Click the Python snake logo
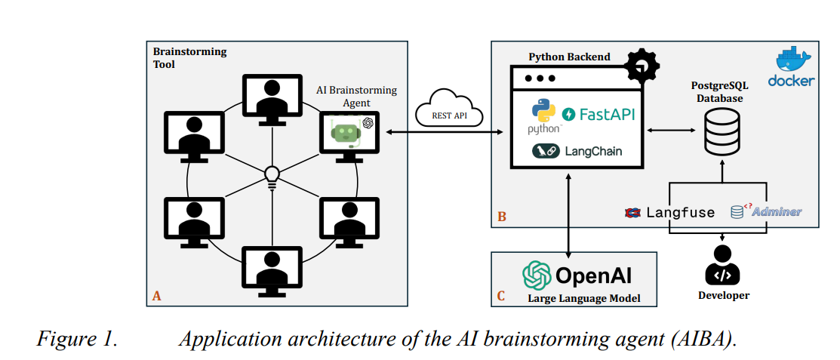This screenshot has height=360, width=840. tap(543, 111)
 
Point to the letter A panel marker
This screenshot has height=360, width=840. tap(156, 296)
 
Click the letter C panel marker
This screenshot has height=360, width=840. tap(501, 296)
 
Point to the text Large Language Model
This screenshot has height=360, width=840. tap(583, 298)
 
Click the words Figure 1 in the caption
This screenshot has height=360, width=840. tap(77, 338)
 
